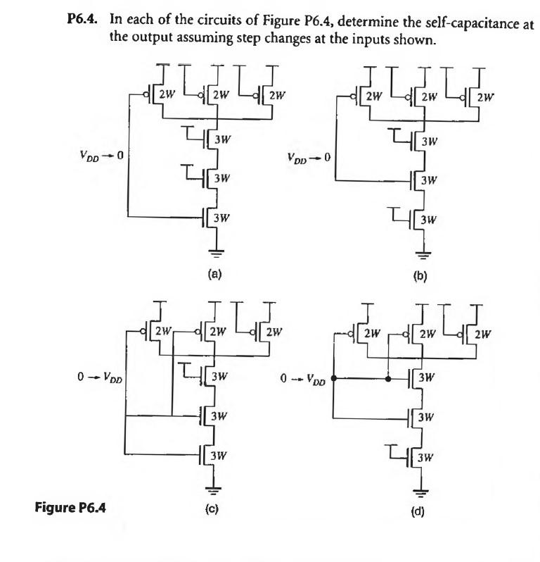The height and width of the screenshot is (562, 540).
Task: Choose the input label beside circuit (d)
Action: tap(302, 381)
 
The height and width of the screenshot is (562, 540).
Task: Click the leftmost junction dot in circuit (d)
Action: tap(333, 378)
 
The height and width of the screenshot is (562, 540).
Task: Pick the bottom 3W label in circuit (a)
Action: tap(223, 217)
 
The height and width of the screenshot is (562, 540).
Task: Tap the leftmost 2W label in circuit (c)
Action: tap(163, 330)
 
